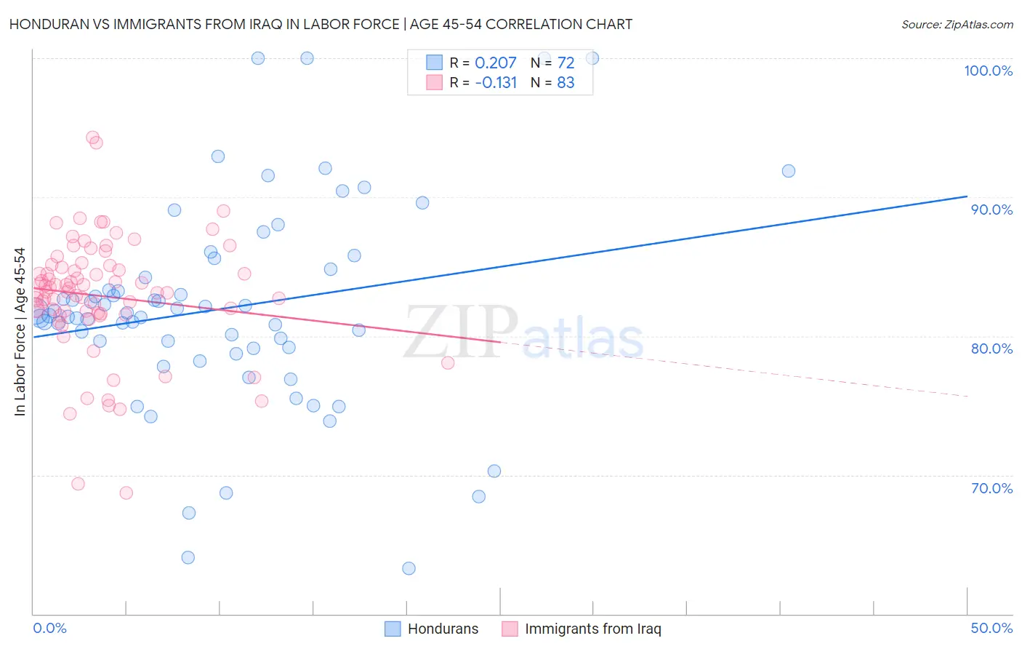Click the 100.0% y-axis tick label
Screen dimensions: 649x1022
point(988,71)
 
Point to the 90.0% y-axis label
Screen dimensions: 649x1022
point(991,210)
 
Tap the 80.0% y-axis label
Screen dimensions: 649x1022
point(991,349)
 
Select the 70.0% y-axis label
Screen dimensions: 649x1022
point(991,488)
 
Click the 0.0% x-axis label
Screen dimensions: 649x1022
point(49,628)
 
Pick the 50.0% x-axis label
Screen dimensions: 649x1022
point(991,628)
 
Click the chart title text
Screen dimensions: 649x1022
point(321,24)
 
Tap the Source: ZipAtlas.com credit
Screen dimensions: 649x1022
point(957,25)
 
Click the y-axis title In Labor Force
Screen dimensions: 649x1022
point(20,332)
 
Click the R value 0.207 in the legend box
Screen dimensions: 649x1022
point(495,63)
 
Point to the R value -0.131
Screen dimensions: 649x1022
point(495,83)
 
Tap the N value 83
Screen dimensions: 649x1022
point(566,83)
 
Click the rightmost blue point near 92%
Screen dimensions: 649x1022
point(789,171)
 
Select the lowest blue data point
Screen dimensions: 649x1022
point(409,568)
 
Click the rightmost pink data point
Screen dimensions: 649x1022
point(448,363)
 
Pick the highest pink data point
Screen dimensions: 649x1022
point(92,137)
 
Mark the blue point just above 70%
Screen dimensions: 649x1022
point(494,471)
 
